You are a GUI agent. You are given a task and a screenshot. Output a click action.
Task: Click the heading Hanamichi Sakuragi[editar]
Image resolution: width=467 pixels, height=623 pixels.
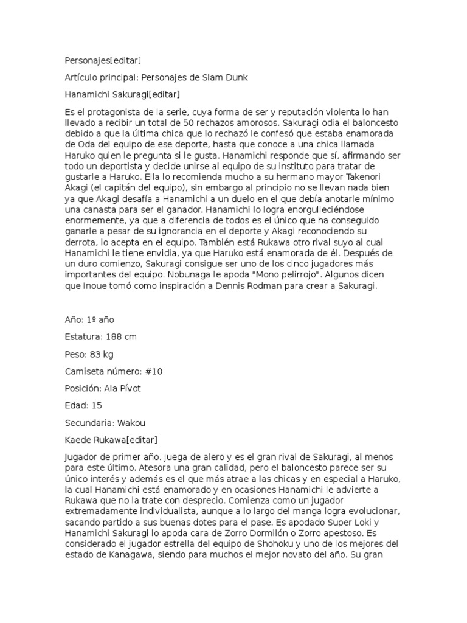pyautogui.click(x=122, y=94)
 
